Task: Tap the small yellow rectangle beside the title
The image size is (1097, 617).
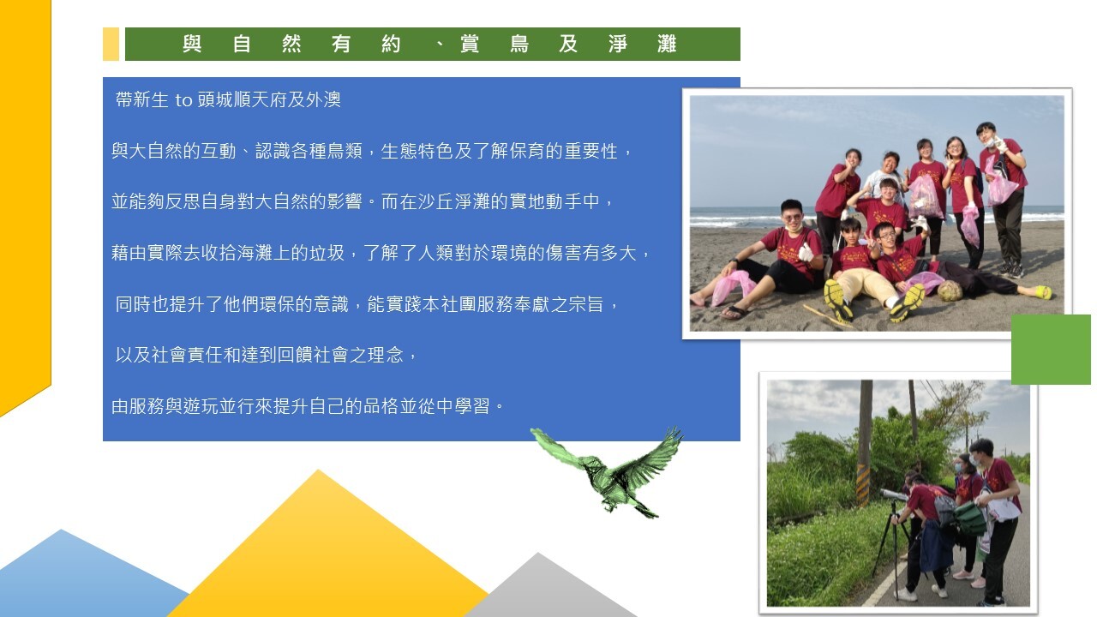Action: click(x=111, y=44)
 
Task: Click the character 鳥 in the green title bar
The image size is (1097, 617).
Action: click(x=519, y=44)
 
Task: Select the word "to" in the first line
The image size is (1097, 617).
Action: click(x=183, y=100)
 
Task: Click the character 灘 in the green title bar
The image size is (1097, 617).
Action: click(x=667, y=44)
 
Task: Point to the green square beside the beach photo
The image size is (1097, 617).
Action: click(x=1051, y=349)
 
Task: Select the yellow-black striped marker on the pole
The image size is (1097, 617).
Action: click(x=863, y=485)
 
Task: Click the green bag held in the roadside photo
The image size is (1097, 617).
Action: click(x=969, y=518)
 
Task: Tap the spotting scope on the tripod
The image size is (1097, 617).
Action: click(x=894, y=494)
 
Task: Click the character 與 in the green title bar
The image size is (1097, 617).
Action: click(x=192, y=44)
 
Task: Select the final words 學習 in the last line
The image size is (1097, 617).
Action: click(x=472, y=406)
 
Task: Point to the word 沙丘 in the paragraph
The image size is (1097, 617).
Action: click(x=436, y=201)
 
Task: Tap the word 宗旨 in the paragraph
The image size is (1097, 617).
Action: click(x=585, y=304)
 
